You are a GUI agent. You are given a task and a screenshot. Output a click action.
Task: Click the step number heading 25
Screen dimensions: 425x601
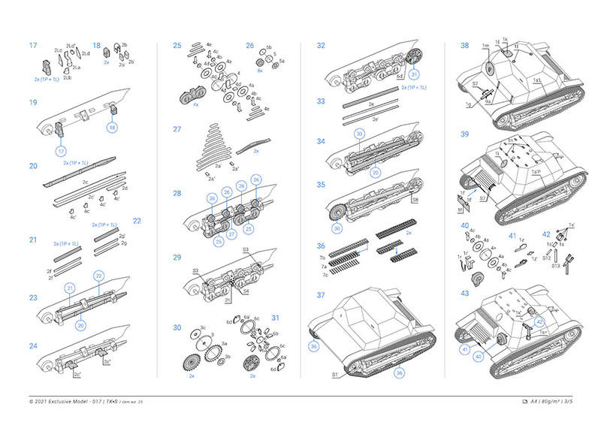click(x=177, y=46)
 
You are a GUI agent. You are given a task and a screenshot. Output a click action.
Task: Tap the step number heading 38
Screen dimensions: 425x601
click(x=465, y=46)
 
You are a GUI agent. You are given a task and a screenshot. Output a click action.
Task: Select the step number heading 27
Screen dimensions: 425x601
click(x=177, y=129)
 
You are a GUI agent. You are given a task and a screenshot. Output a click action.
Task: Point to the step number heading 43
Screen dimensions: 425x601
click(x=465, y=293)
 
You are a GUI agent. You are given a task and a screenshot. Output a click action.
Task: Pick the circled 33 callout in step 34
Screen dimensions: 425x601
click(x=360, y=133)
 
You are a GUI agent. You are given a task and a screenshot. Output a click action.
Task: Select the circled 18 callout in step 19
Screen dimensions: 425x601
click(x=112, y=128)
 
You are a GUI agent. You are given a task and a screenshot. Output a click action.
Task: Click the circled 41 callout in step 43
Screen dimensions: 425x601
click(x=467, y=350)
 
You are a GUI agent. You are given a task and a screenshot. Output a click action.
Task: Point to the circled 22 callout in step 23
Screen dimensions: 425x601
click(x=98, y=276)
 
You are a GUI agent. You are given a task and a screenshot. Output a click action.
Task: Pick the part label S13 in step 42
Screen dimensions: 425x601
click(x=555, y=265)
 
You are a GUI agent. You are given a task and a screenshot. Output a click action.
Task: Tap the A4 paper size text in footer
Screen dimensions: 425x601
click(x=534, y=402)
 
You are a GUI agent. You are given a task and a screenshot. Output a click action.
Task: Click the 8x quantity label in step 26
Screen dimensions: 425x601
click(x=259, y=70)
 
